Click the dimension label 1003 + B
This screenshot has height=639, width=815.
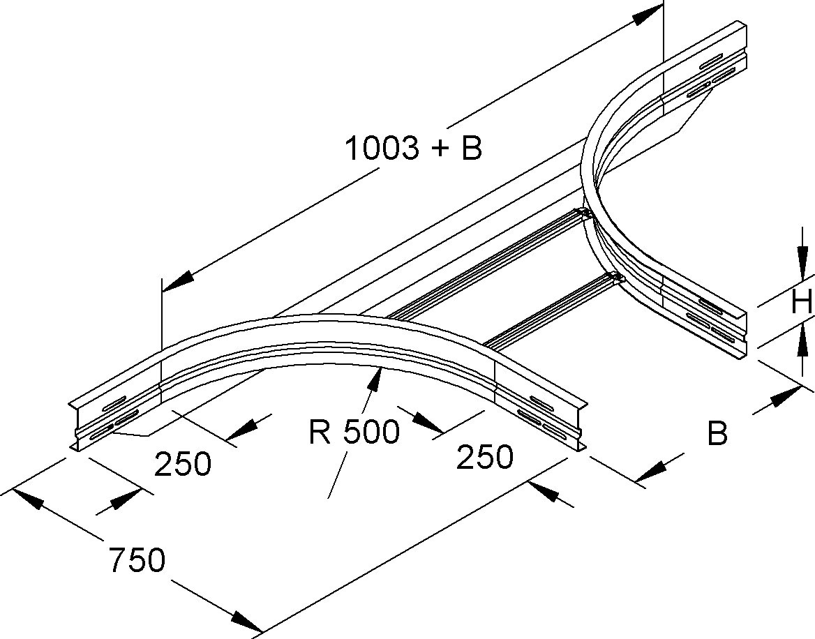pos(414,147)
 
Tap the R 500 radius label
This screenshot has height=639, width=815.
pos(354,433)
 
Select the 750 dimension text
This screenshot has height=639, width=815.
pos(137,560)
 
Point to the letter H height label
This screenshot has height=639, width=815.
pos(801,302)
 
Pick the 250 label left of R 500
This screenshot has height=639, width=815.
pos(183,463)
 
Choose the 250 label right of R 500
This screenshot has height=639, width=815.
pos(484,457)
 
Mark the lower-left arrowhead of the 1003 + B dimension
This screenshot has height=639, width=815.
pos(178,282)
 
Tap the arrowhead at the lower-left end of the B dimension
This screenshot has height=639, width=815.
pos(652,471)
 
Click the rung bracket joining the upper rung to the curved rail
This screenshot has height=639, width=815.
pos(583,213)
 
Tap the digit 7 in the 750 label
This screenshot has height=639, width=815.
pos(118,560)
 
